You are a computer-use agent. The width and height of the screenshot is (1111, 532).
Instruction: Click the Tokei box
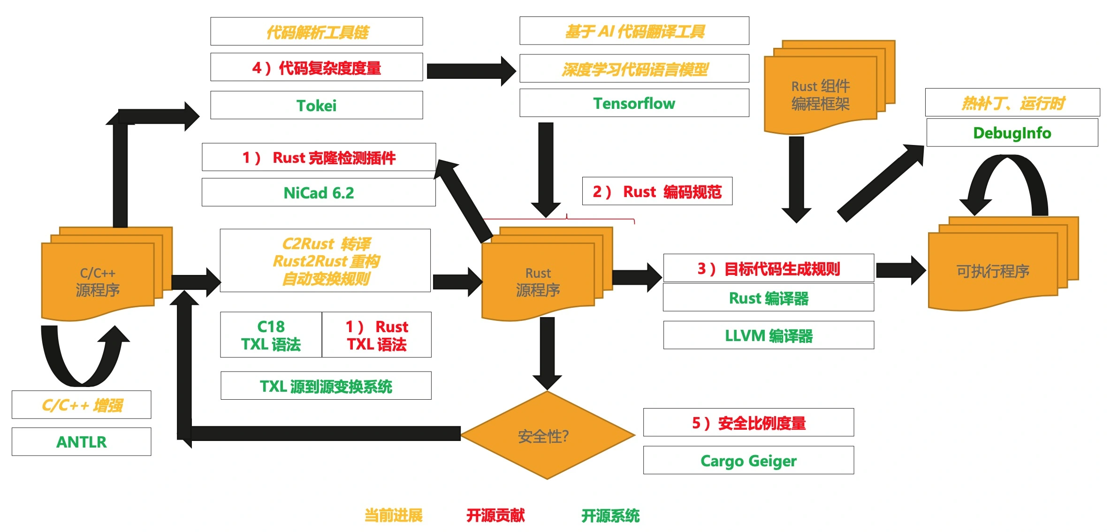[316, 105]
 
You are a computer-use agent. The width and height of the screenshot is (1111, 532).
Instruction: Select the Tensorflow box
[634, 103]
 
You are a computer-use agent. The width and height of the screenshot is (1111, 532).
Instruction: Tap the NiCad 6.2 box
[319, 192]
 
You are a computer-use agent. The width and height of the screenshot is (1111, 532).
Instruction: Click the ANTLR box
[81, 441]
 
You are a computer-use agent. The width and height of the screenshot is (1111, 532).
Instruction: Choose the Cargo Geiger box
[748, 460]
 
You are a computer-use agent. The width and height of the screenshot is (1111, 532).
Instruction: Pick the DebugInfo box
[1012, 133]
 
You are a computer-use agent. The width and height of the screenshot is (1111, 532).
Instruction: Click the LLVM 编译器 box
[769, 335]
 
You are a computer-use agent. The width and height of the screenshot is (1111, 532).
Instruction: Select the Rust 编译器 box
[769, 298]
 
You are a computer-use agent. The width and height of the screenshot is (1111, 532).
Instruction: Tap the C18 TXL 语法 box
[271, 335]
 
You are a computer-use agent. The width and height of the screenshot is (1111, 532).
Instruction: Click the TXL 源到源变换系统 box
[326, 386]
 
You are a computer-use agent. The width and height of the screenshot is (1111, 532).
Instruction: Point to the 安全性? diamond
[547, 435]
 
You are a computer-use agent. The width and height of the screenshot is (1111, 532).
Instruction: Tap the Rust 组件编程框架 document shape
[820, 94]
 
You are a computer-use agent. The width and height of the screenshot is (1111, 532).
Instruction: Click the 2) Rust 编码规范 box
[657, 191]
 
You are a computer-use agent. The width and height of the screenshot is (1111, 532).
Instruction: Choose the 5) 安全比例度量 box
[748, 423]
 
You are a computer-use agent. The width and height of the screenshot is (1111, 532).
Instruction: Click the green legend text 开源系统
[610, 516]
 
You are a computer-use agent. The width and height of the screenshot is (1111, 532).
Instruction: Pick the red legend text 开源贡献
[495, 515]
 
